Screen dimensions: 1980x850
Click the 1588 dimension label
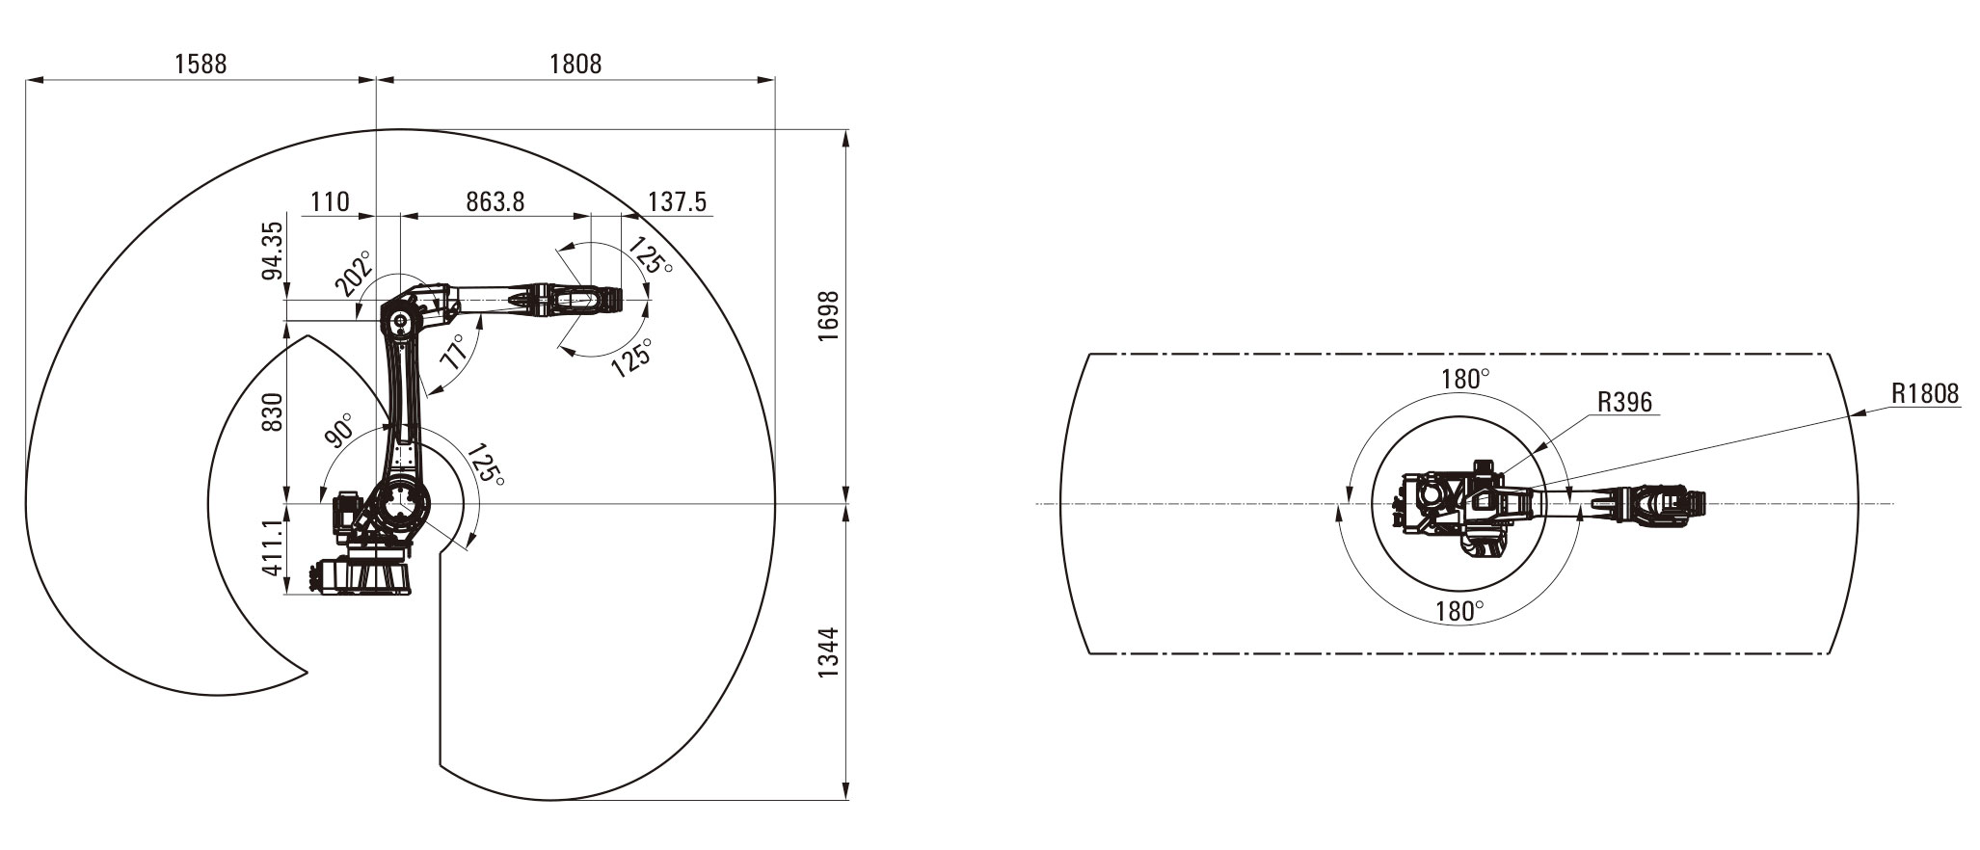201,64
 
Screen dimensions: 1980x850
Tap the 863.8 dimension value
495,201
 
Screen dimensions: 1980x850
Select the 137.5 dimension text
677,201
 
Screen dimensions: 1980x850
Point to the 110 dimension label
329,201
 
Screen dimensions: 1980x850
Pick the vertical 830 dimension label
273,412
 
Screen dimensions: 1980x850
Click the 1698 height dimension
830,315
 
